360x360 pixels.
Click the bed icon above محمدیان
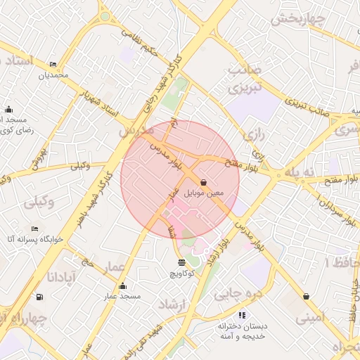coord(54,65)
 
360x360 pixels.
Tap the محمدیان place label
coord(53,75)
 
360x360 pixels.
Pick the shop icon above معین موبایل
coord(204,181)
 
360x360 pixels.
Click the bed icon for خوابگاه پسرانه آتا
coord(35,229)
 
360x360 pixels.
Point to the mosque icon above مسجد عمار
coord(123,285)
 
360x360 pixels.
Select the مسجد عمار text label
coord(122,296)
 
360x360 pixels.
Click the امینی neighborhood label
coord(311,319)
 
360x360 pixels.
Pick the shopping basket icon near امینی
coord(306,296)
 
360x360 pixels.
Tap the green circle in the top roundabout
coord(105,15)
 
